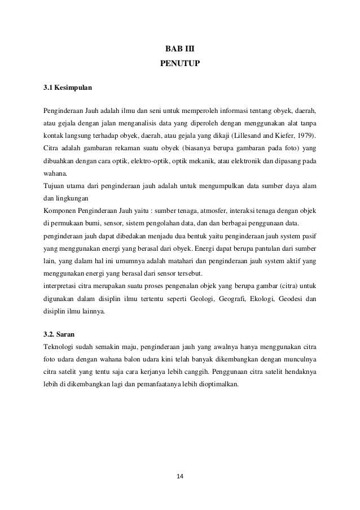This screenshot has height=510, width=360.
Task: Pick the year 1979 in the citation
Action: click(x=306, y=136)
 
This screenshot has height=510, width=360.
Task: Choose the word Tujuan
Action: click(x=54, y=186)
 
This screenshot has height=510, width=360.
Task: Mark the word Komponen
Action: click(x=60, y=211)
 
